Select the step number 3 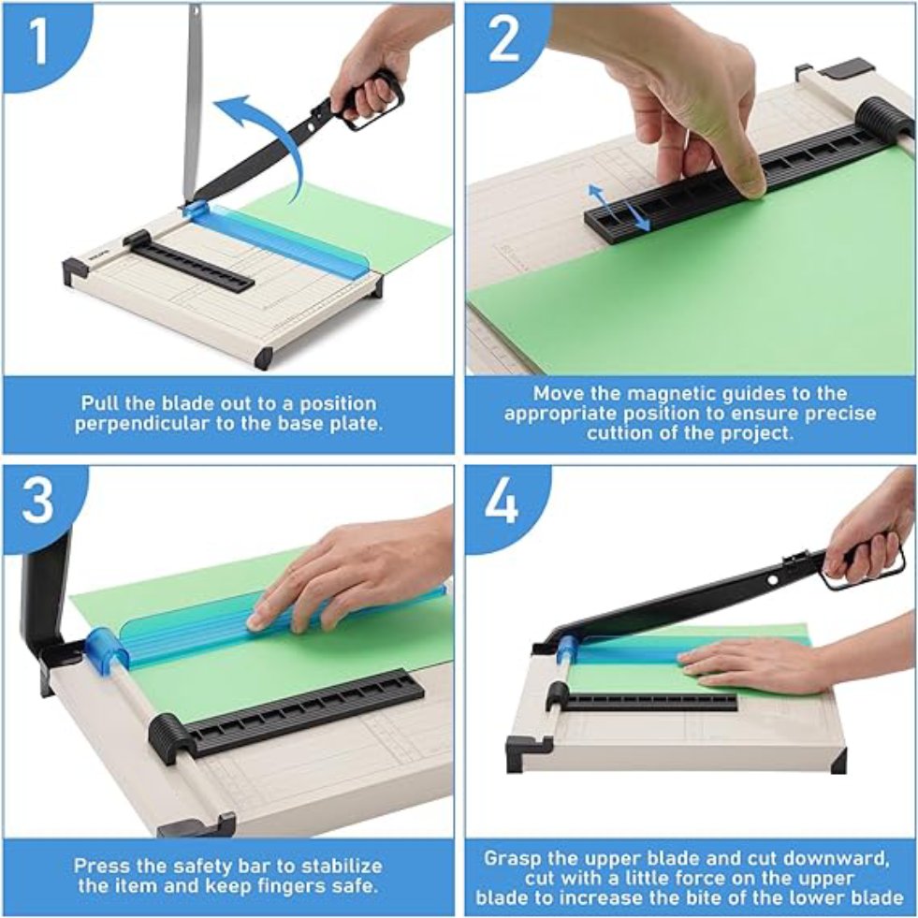point(37,503)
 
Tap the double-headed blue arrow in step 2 point(619,207)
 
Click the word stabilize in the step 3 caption point(331,866)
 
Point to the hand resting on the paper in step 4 point(749,664)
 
